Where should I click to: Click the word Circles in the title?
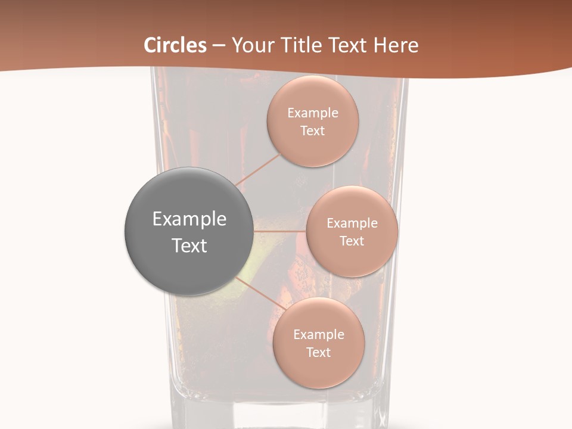pyautogui.click(x=175, y=45)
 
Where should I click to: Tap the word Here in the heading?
pyautogui.click(x=396, y=45)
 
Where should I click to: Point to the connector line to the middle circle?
pyautogui.click(x=280, y=231)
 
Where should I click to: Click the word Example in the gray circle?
pyautogui.click(x=189, y=219)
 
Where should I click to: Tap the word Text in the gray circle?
pyautogui.click(x=189, y=245)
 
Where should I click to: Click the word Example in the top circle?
pyautogui.click(x=313, y=113)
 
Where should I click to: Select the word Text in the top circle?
pyautogui.click(x=313, y=131)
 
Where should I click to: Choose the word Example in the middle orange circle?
pyautogui.click(x=352, y=223)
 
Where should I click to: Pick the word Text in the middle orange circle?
pyautogui.click(x=352, y=241)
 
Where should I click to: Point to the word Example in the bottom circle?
pyautogui.click(x=319, y=335)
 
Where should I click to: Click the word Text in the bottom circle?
pyautogui.click(x=319, y=353)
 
